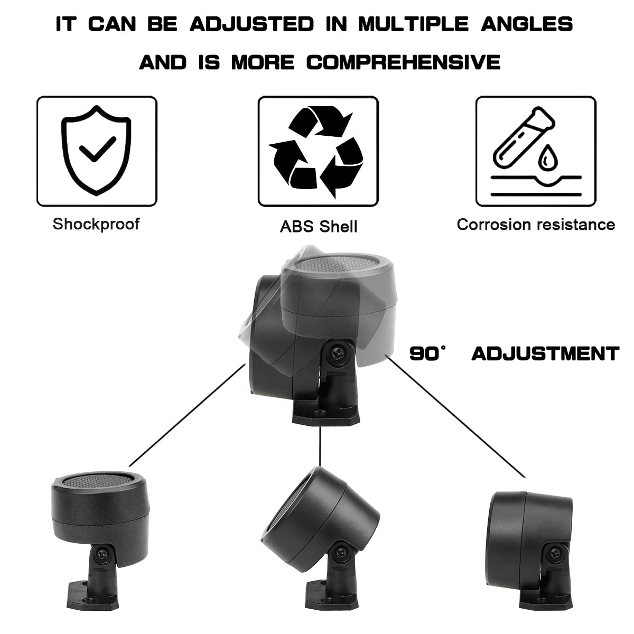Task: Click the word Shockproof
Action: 96,223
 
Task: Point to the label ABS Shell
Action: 319,226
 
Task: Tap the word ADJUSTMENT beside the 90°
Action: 545,353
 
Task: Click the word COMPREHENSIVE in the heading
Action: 404,62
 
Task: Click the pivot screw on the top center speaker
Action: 335,351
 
